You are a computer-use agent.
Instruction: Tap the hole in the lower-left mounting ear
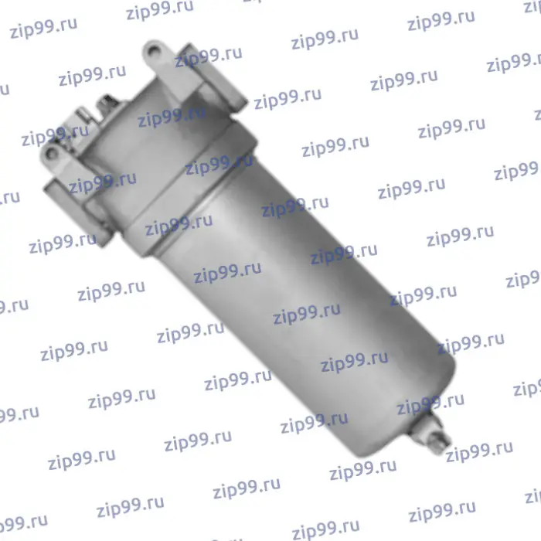click(52, 154)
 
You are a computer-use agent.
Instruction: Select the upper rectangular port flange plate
click(213, 77)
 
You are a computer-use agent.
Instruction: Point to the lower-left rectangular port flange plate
click(78, 213)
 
